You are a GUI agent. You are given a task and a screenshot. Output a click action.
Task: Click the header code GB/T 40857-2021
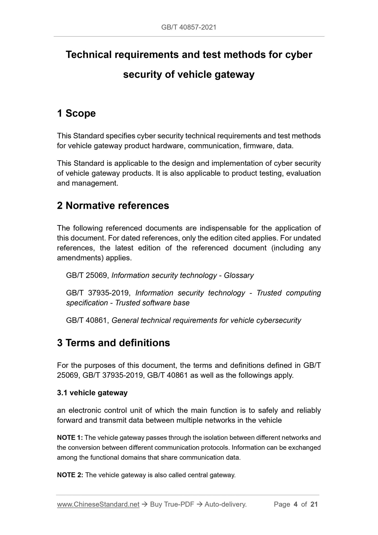[189, 27]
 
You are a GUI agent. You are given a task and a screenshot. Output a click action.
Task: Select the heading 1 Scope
[76, 113]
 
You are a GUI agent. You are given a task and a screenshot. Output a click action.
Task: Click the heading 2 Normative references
[113, 205]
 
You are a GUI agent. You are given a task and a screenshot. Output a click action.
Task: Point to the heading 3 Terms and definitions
[114, 343]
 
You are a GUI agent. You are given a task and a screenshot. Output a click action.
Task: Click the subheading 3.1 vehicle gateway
[92, 393]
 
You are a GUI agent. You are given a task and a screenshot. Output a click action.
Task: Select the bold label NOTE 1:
[70, 437]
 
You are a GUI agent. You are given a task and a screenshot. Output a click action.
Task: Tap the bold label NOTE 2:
[70, 475]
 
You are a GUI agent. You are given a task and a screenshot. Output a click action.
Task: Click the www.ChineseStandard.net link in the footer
[98, 504]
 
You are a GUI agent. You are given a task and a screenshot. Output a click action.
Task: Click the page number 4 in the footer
[296, 504]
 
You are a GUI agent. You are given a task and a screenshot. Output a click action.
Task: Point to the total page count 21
[314, 504]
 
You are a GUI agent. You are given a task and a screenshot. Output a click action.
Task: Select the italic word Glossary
[239, 275]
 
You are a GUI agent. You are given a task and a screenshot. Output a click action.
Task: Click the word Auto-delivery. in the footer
[225, 504]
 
